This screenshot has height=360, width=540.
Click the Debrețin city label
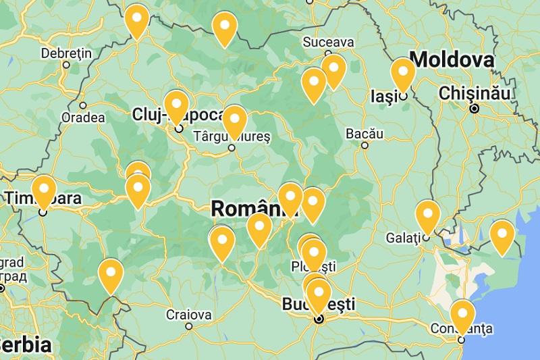point(65,53)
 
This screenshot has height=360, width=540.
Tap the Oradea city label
point(83,118)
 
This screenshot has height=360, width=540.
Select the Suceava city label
point(328,42)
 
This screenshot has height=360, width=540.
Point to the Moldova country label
point(452,59)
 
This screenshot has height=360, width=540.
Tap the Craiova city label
point(188,314)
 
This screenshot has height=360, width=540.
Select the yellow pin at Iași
point(402,74)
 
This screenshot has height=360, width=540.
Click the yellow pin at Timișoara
point(44,190)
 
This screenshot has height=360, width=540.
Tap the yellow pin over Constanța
point(462,315)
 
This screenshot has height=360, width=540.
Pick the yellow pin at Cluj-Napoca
point(176,106)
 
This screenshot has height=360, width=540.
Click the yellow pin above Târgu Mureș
point(234,121)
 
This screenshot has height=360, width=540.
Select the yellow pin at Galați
point(427,216)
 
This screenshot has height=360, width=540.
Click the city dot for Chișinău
point(475,108)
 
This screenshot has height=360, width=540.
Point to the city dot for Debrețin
point(66,66)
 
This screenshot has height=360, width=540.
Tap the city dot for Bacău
point(364,145)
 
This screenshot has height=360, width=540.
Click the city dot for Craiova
point(189,326)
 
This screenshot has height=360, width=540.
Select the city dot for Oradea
point(83,105)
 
